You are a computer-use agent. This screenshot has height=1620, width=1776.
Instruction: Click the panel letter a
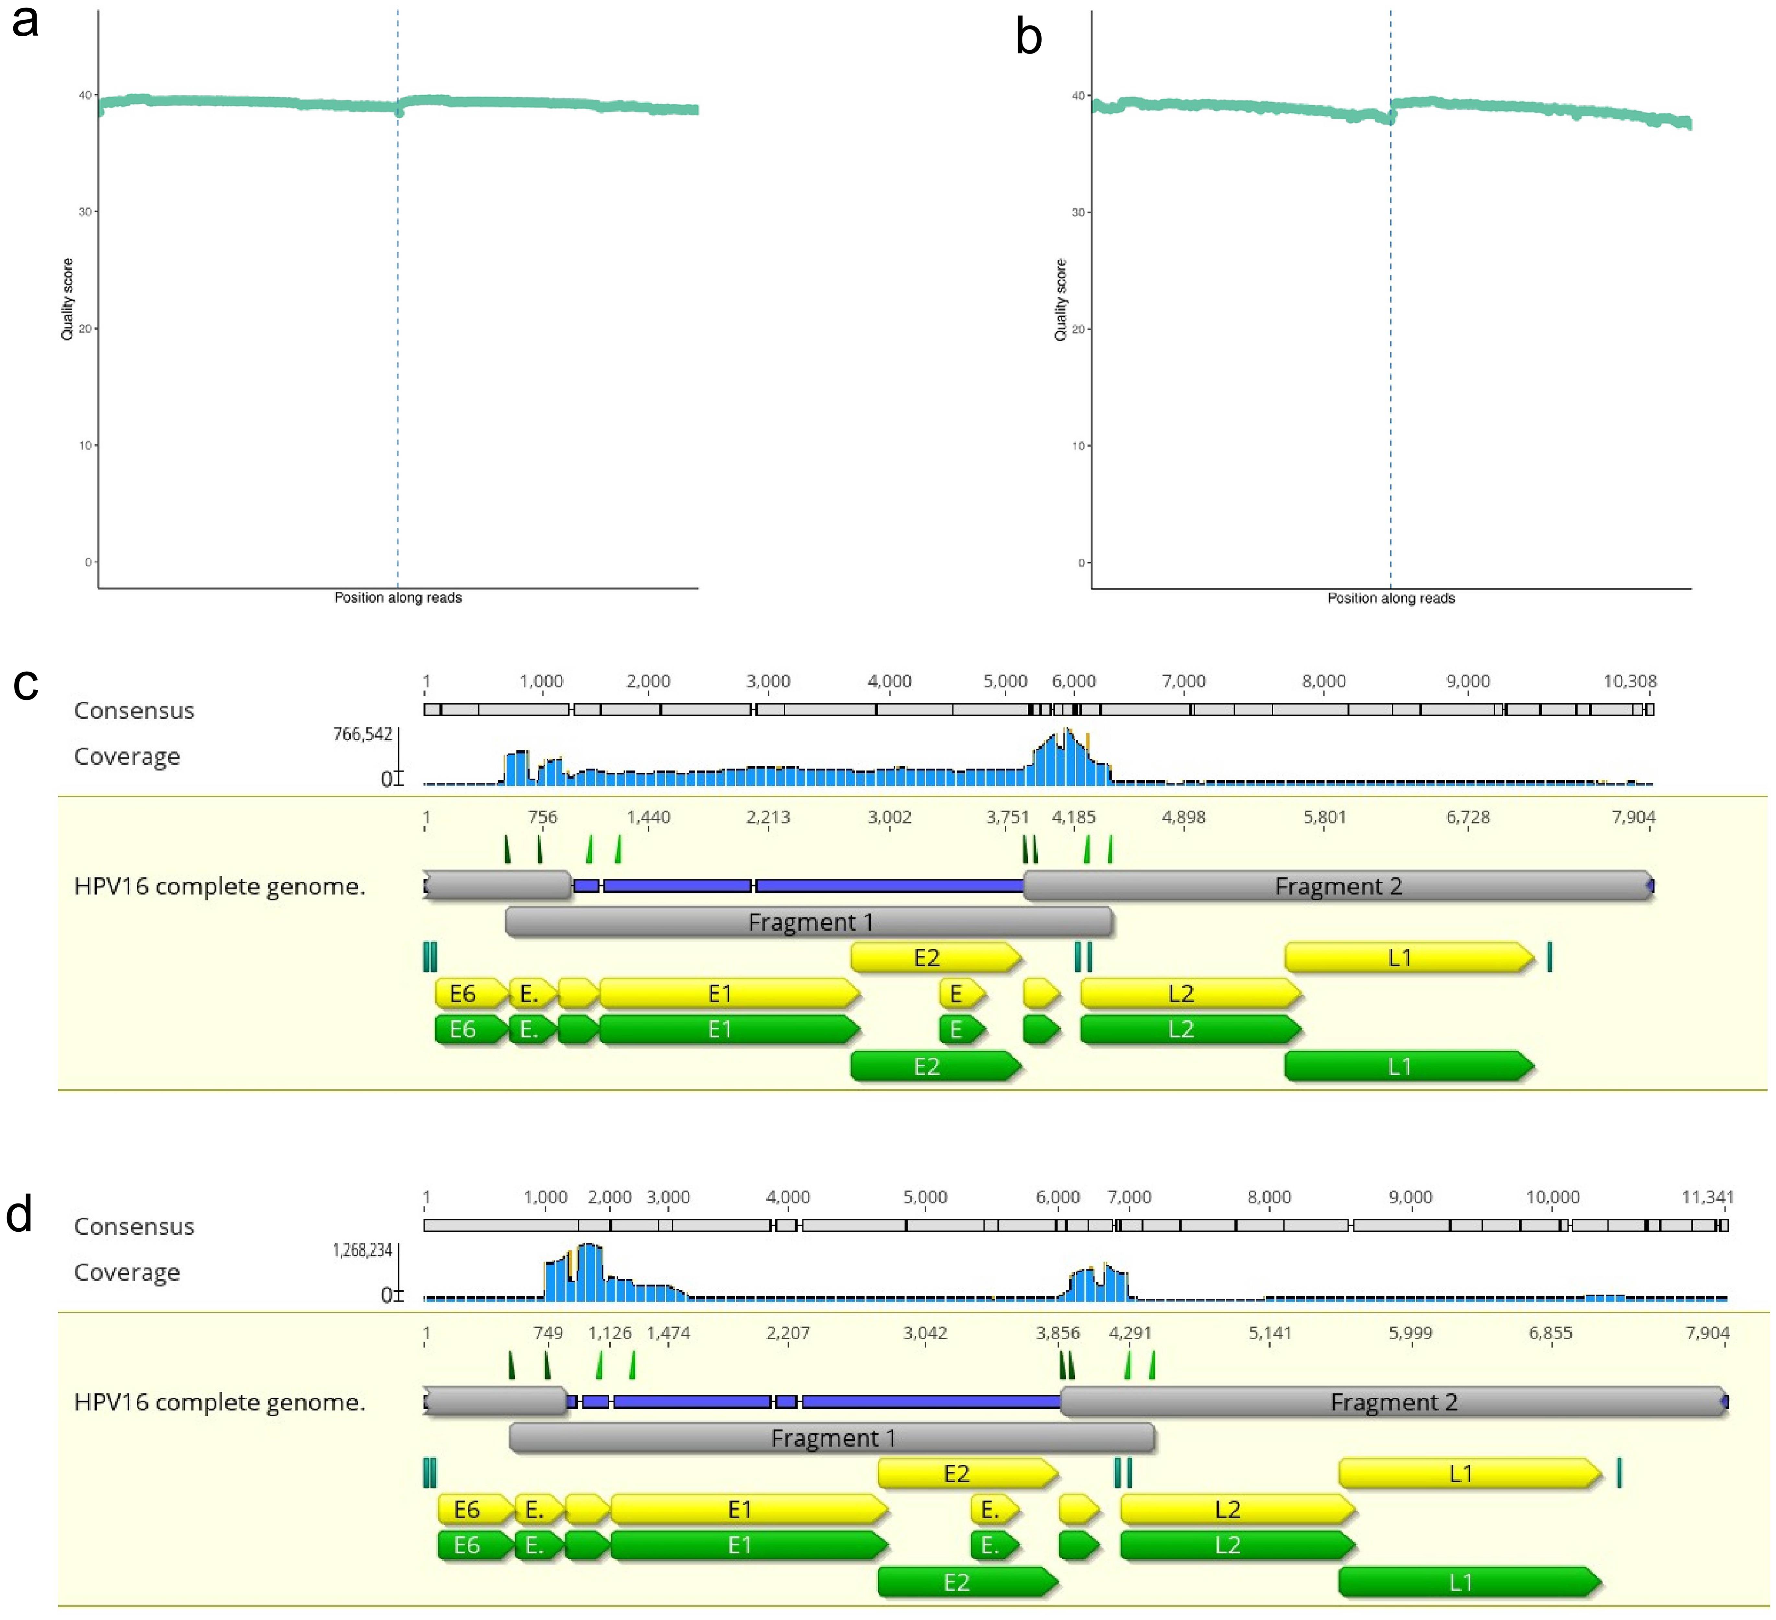[x=26, y=21]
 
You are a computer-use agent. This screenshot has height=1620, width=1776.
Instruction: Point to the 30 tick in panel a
[x=86, y=211]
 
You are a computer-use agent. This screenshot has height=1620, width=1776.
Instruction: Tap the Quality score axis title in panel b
[x=1061, y=299]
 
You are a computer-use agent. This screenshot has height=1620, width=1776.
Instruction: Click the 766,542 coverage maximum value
[x=362, y=734]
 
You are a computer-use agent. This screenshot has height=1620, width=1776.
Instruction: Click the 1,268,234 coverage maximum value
[x=362, y=1250]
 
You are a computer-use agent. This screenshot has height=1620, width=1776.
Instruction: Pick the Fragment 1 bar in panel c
[x=809, y=922]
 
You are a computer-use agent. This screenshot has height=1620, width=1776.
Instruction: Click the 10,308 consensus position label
[x=1629, y=681]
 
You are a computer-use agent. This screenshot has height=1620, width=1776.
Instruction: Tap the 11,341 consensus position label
[x=1706, y=1197]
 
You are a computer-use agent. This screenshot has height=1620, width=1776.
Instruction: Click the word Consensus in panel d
[x=134, y=1226]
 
